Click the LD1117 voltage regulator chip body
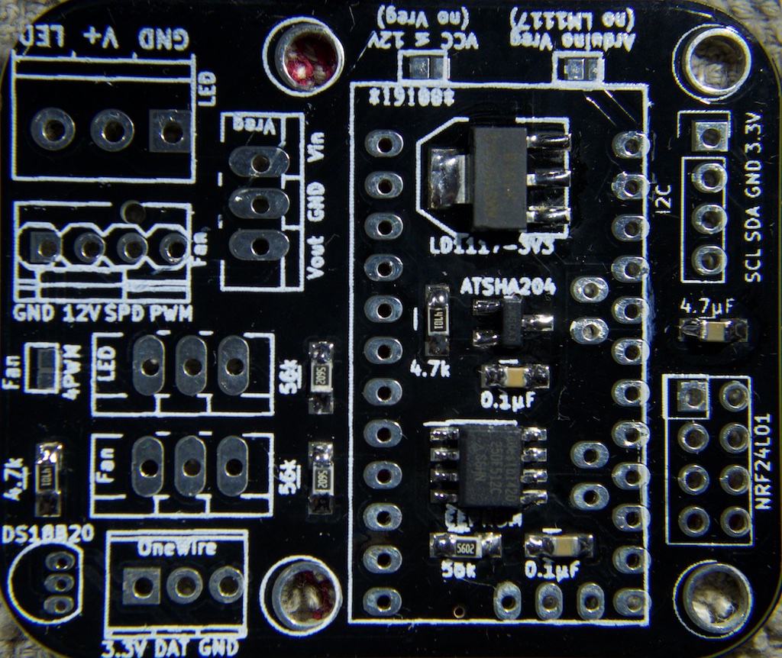click(x=499, y=179)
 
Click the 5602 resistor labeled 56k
click(x=465, y=546)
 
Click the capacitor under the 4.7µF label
click(x=713, y=330)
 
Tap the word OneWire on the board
click(x=177, y=548)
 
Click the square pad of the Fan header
click(x=46, y=246)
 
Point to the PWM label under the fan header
click(x=171, y=313)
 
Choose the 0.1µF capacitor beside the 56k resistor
click(x=561, y=545)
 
